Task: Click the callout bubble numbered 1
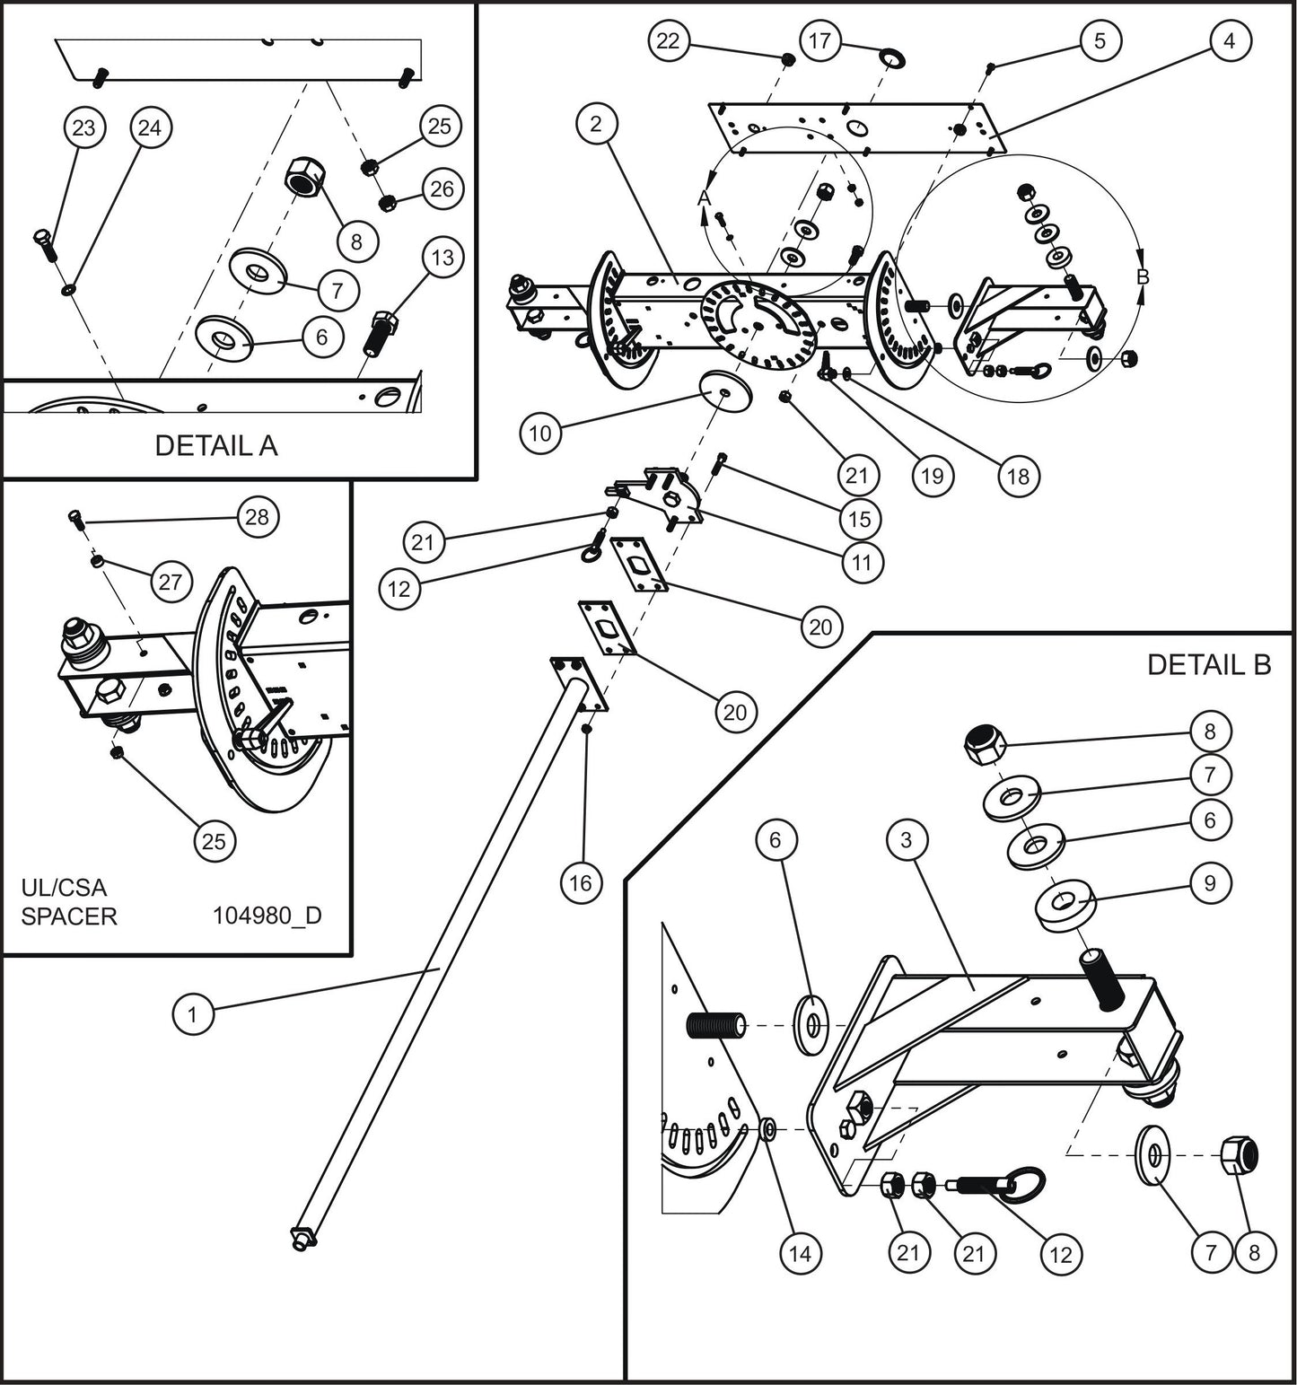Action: coord(191,1014)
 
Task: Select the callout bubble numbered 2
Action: coord(597,124)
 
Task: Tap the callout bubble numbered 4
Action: coord(1229,40)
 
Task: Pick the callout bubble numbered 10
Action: coord(539,434)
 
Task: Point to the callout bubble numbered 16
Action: coord(581,883)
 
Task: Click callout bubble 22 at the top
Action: coord(669,40)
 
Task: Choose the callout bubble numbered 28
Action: coord(257,518)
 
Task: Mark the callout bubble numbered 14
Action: coord(800,1253)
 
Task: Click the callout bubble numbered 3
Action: coord(907,840)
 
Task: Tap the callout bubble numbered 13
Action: coord(443,259)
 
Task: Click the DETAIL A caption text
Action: coord(216,445)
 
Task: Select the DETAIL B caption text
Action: coord(1209,664)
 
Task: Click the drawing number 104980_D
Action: coord(267,916)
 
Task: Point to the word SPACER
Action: coord(69,916)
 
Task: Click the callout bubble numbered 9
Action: coord(1210,883)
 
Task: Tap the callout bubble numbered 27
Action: coord(171,583)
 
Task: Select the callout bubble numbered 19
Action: coord(932,476)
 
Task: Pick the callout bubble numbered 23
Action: coord(83,128)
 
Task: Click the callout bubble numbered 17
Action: coord(819,40)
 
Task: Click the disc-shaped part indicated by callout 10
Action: coord(723,387)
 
